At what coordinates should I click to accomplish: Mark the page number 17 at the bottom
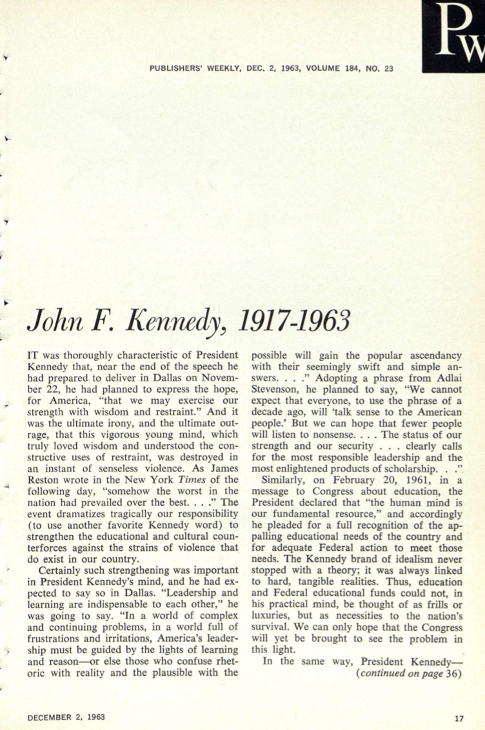point(459,716)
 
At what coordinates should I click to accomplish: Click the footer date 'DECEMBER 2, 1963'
point(66,716)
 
